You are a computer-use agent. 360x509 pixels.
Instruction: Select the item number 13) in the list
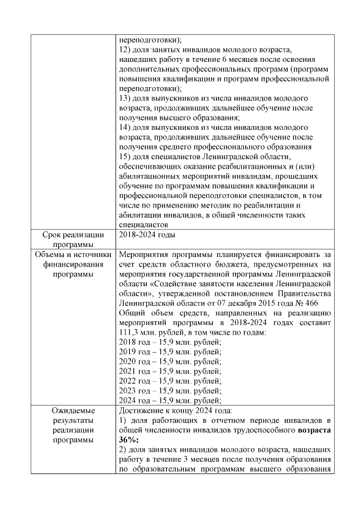[x=127, y=98]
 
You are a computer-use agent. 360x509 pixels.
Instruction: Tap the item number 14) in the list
[x=127, y=127]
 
